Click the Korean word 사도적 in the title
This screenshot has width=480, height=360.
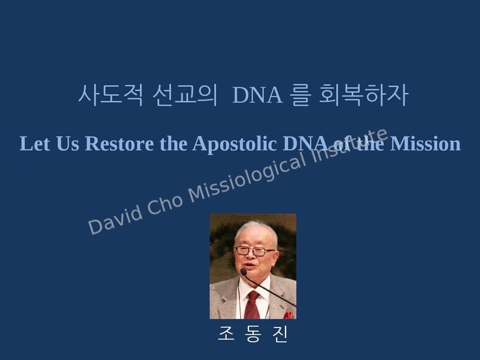pyautogui.click(x=110, y=95)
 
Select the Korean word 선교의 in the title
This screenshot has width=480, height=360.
pyautogui.click(x=185, y=95)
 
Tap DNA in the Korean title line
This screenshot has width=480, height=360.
pyautogui.click(x=257, y=95)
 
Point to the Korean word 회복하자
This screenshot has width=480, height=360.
pyautogui.click(x=364, y=95)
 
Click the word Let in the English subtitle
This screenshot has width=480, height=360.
pyautogui.click(x=35, y=143)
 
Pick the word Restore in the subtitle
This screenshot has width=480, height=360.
pyautogui.click(x=119, y=143)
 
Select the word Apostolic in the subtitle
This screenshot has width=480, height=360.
pyautogui.click(x=235, y=144)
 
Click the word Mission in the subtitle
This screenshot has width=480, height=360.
pyautogui.click(x=425, y=143)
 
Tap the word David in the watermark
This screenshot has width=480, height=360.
pyautogui.click(x=115, y=221)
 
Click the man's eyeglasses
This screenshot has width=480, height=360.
pyautogui.click(x=254, y=251)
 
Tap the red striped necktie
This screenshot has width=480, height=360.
pyautogui.click(x=252, y=305)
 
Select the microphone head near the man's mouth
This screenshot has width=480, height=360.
pyautogui.click(x=244, y=272)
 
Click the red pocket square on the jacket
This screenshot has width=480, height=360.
pyautogui.click(x=288, y=315)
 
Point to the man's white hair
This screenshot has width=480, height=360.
pyautogui.click(x=256, y=231)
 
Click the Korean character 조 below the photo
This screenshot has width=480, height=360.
pyautogui.click(x=226, y=334)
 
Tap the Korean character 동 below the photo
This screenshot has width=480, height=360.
pyautogui.click(x=253, y=334)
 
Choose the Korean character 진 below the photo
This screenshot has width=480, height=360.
pyautogui.click(x=280, y=334)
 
